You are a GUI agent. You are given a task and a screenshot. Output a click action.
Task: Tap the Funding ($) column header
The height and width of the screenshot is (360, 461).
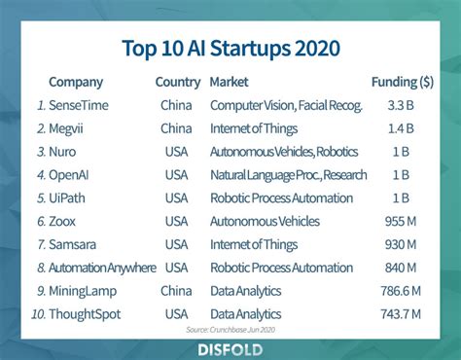pyautogui.click(x=402, y=82)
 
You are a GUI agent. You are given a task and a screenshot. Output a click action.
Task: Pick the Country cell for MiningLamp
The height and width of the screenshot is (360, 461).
pyautogui.click(x=177, y=291)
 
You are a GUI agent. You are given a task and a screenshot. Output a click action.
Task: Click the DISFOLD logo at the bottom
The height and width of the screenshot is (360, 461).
pyautogui.click(x=230, y=346)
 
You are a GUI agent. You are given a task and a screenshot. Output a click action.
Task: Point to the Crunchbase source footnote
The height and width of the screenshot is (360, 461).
pyautogui.click(x=230, y=330)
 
